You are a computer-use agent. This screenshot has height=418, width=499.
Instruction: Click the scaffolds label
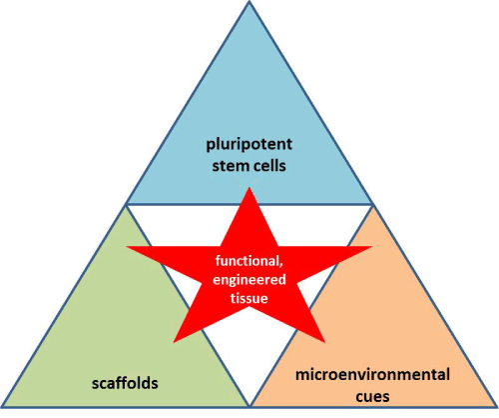tap(125, 383)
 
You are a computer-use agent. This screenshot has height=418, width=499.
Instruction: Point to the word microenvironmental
tap(372, 375)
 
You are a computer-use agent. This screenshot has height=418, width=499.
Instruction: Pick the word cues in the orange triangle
tap(372, 397)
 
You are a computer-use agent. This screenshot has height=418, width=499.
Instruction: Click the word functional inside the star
tap(249, 261)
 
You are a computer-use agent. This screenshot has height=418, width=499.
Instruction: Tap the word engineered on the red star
tap(249, 280)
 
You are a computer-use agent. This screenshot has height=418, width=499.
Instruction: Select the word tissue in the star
tap(249, 298)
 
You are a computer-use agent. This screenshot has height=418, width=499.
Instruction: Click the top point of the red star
tap(249, 188)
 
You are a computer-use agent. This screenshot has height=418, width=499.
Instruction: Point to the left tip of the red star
tap(127, 247)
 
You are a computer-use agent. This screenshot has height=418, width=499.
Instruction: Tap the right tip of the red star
tap(372, 247)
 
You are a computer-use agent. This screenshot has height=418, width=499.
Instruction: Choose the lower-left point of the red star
tap(174, 342)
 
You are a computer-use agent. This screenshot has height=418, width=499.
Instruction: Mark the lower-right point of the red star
tap(324, 342)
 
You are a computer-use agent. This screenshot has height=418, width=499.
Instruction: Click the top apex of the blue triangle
tap(249, 2)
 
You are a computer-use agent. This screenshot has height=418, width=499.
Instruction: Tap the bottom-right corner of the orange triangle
tap(496, 406)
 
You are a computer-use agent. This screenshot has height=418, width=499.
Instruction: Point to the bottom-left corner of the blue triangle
tap(127, 204)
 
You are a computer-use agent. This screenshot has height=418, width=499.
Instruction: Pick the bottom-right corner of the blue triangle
tap(372, 204)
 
